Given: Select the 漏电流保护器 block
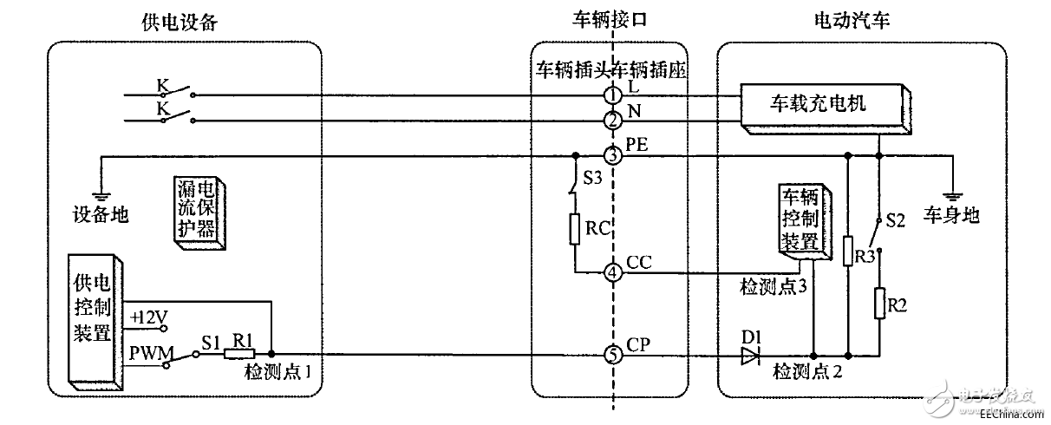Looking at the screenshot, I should [x=199, y=213].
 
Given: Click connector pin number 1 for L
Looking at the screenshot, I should [x=612, y=94].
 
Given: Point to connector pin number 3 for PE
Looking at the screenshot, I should [x=612, y=157].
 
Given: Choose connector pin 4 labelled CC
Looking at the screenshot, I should [x=612, y=271].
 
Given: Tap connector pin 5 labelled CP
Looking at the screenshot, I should [x=612, y=355].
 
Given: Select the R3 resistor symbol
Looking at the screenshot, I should [x=849, y=251].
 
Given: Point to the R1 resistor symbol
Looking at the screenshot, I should [x=238, y=354].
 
